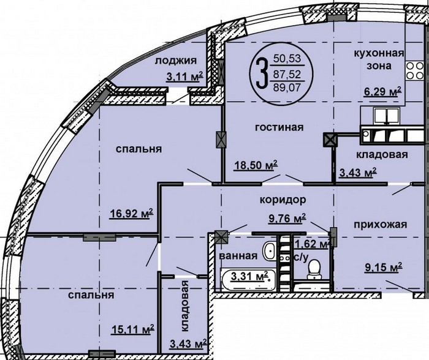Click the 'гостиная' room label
(279, 127)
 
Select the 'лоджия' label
(176, 61)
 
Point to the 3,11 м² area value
(184, 77)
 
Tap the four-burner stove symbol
(414, 70)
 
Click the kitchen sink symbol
(387, 115)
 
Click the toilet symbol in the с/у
(314, 269)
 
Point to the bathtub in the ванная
(248, 280)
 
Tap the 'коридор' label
(283, 200)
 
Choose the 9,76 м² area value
(287, 219)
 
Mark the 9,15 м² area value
(383, 267)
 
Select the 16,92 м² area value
(131, 213)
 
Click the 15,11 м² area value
(132, 329)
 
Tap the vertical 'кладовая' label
(185, 306)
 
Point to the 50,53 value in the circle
(287, 59)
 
